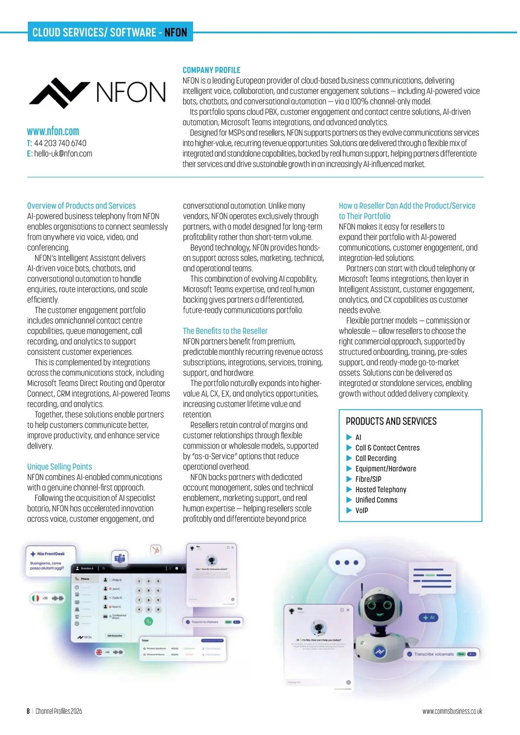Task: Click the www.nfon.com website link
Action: click(53, 131)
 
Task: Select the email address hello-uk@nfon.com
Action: click(63, 153)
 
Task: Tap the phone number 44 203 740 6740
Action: click(60, 143)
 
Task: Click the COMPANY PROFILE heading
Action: click(211, 70)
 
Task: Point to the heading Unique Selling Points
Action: click(59, 466)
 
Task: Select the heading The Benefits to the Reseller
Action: click(225, 331)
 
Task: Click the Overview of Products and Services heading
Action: click(81, 205)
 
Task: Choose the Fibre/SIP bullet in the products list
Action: click(368, 479)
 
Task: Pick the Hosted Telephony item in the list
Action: click(380, 489)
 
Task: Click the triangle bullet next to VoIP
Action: click(349, 511)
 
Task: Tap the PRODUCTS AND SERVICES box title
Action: click(391, 421)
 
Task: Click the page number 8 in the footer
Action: click(28, 711)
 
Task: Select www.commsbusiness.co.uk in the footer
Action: click(452, 711)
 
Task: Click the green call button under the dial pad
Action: click(149, 621)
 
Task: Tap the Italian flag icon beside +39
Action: click(35, 598)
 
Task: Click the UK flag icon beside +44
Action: click(99, 652)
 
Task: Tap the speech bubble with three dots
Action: click(347, 563)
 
